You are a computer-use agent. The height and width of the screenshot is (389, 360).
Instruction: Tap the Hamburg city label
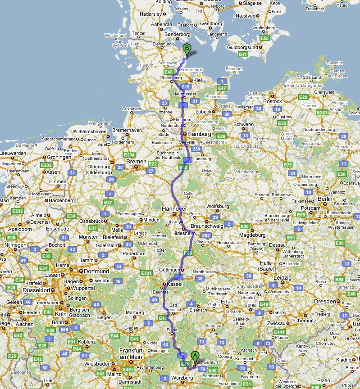pyautogui.click(x=200, y=134)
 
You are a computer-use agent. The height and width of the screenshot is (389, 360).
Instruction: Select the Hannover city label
pyautogui.click(x=174, y=209)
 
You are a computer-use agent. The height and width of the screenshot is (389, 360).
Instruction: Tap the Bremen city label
pyautogui.click(x=137, y=162)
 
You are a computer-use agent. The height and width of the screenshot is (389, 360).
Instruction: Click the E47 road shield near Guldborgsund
pyautogui.click(x=243, y=54)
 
